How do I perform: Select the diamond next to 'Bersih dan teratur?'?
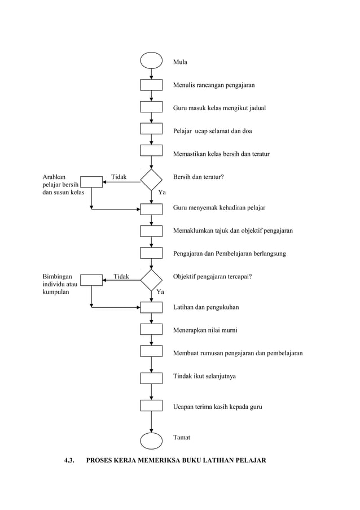pyautogui.click(x=151, y=180)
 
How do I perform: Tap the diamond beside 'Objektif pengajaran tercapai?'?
pyautogui.click(x=151, y=280)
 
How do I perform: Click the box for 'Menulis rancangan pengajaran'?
pyautogui.click(x=151, y=85)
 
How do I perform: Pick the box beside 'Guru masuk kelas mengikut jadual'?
pyautogui.click(x=151, y=107)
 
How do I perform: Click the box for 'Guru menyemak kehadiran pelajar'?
pyautogui.click(x=151, y=209)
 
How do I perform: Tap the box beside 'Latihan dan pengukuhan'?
pyautogui.click(x=151, y=307)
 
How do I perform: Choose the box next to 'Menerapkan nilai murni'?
pyautogui.click(x=151, y=329)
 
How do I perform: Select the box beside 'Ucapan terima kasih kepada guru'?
pyautogui.click(x=151, y=406)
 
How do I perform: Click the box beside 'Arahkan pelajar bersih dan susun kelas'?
pyautogui.click(x=91, y=182)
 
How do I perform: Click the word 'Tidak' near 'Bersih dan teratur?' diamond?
pyautogui.click(x=118, y=177)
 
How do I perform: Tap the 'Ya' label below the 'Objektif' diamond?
pyautogui.click(x=160, y=292)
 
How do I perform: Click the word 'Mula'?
pyautogui.click(x=180, y=62)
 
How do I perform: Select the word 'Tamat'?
pyautogui.click(x=182, y=438)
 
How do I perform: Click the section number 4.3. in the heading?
pyautogui.click(x=70, y=461)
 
